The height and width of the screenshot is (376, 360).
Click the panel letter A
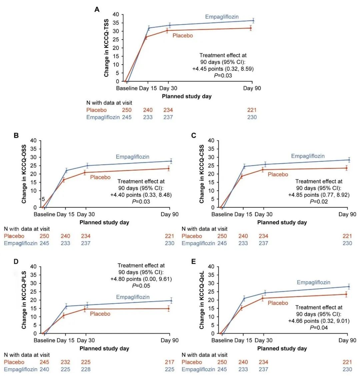[97, 9]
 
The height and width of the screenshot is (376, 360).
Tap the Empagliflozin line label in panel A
[222, 17]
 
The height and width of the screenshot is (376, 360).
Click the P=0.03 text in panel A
[223, 76]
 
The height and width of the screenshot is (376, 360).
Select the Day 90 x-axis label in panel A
[252, 88]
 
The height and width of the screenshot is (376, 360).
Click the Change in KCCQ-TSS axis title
[107, 48]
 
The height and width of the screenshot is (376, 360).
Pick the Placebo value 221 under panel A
[252, 110]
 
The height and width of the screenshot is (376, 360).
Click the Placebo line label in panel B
[100, 177]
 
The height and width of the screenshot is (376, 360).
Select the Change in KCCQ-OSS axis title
[24, 174]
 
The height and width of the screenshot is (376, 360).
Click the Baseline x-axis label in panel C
[222, 214]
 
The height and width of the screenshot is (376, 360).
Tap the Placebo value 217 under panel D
[169, 362]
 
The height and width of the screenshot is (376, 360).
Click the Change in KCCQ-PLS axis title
[24, 300]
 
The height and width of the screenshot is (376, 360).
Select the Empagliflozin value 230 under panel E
[347, 369]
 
